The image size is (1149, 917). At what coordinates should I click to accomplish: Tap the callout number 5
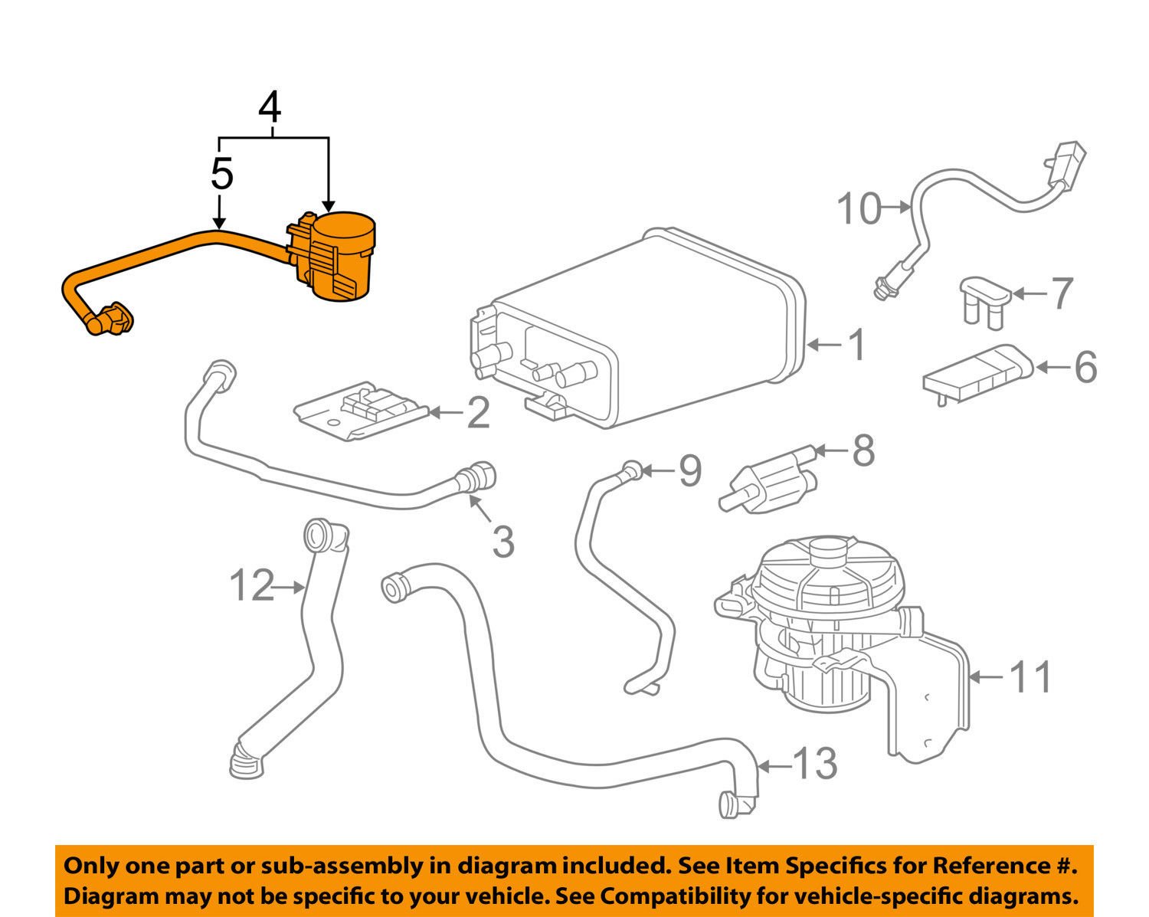click(221, 175)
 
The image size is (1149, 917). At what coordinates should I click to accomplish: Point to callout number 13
click(813, 764)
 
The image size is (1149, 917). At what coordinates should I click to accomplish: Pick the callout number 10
click(859, 208)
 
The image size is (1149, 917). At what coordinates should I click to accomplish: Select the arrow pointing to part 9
click(658, 470)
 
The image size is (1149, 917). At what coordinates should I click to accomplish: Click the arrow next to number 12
click(289, 588)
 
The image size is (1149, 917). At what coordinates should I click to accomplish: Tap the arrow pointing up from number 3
click(481, 509)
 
